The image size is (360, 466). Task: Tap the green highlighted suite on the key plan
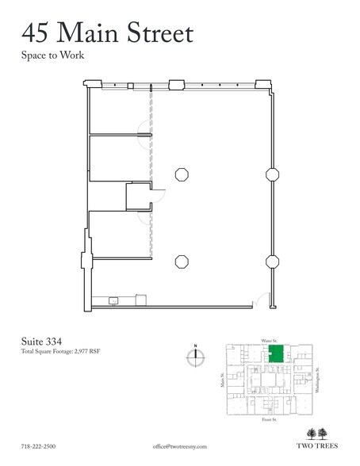pyautogui.click(x=277, y=353)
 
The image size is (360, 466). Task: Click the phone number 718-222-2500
pyautogui.click(x=39, y=447)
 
